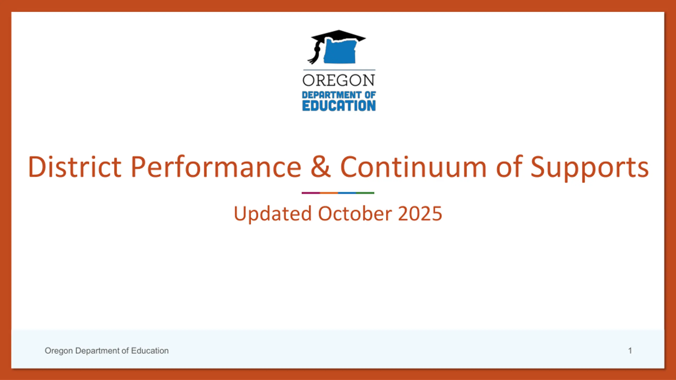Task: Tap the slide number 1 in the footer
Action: [x=630, y=351]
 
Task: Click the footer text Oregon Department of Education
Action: [x=107, y=351]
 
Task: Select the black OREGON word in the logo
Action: [x=339, y=80]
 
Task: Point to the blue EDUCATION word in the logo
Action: [x=339, y=106]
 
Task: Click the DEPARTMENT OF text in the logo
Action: [x=339, y=95]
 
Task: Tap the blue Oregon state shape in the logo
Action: [x=340, y=51]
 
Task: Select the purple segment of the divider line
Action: [x=311, y=193]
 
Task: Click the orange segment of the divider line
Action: [x=329, y=193]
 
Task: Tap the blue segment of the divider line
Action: [x=347, y=193]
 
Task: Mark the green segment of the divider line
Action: [x=365, y=193]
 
